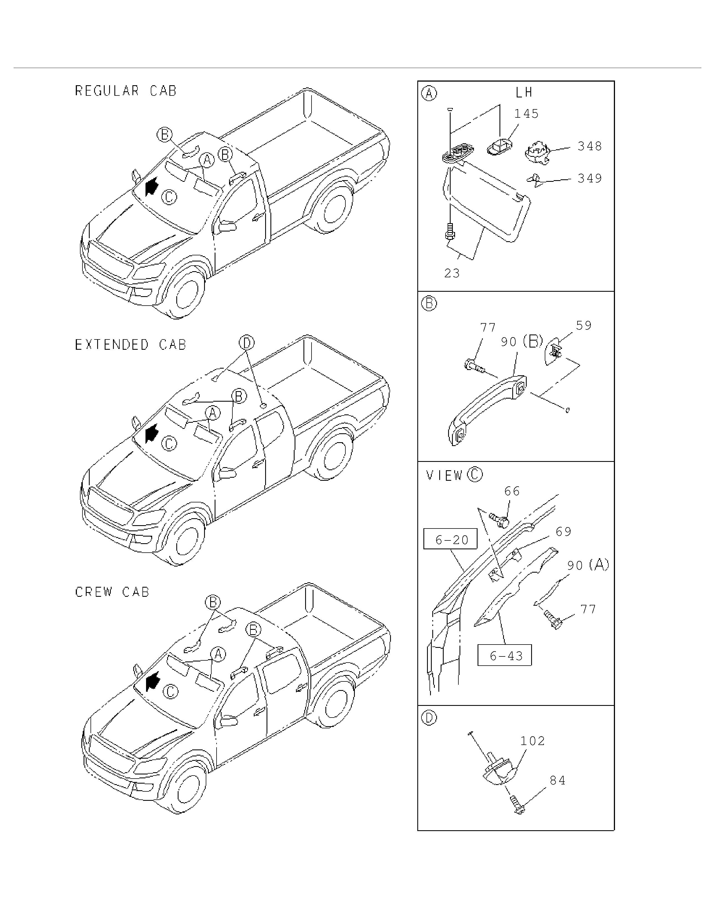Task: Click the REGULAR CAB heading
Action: pyautogui.click(x=125, y=90)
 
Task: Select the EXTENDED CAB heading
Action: pyautogui.click(x=130, y=344)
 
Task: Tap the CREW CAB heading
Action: pyautogui.click(x=112, y=592)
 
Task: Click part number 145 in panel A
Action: pyautogui.click(x=526, y=114)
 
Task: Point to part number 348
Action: pyautogui.click(x=590, y=146)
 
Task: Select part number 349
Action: pyautogui.click(x=590, y=178)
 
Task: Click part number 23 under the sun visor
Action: pyautogui.click(x=452, y=273)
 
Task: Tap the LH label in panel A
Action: pyautogui.click(x=524, y=92)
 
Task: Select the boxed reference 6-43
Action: pyautogui.click(x=504, y=655)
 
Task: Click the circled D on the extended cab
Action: pyautogui.click(x=247, y=343)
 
